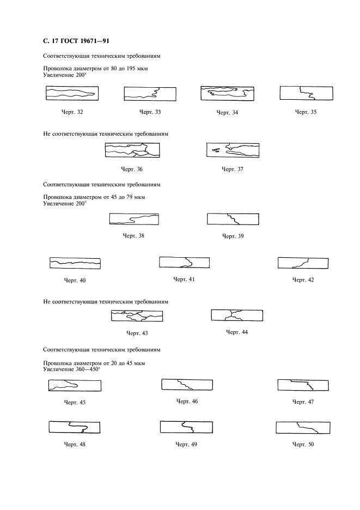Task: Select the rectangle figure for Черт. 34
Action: (x=227, y=94)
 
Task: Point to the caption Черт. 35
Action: (x=305, y=112)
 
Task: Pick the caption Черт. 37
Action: (x=232, y=169)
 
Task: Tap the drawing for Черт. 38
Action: (x=135, y=219)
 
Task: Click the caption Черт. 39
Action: (x=233, y=236)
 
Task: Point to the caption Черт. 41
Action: (x=184, y=280)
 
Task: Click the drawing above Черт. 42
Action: (x=303, y=263)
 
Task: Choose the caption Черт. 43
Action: (x=137, y=332)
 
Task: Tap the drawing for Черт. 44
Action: (x=236, y=315)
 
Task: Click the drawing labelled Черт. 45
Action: (x=75, y=386)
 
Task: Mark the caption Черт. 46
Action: (x=187, y=402)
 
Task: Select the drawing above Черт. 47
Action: (x=303, y=385)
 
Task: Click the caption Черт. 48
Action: (x=75, y=444)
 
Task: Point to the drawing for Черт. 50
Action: (x=303, y=427)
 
